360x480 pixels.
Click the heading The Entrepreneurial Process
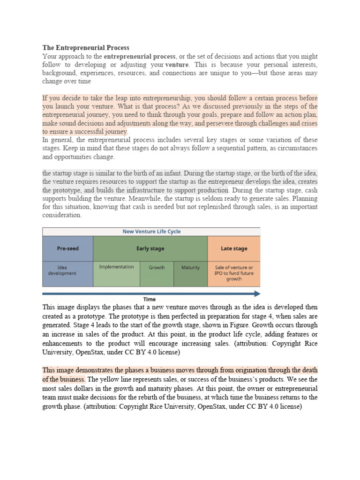point(86,48)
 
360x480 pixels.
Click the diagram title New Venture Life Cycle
point(151,232)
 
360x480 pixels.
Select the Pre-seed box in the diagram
point(67,248)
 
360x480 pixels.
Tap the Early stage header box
point(150,248)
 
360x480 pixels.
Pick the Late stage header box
point(233,248)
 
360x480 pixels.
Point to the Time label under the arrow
point(149,299)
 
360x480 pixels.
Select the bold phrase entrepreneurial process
point(140,56)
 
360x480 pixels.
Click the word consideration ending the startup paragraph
point(62,216)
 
